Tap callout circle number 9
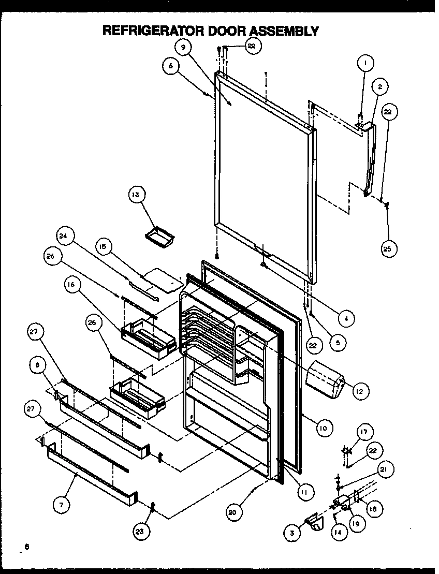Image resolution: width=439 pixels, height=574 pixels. (x=182, y=47)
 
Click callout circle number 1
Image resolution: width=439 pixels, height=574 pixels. (x=365, y=64)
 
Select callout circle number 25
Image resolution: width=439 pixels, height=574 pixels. (x=389, y=248)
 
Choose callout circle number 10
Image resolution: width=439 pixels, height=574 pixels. (x=322, y=428)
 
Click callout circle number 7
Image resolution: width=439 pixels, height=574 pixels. (x=61, y=504)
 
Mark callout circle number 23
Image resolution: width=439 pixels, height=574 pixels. (x=140, y=530)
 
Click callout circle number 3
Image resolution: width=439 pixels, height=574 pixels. (x=292, y=532)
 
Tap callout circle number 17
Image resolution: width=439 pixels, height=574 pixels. (x=364, y=431)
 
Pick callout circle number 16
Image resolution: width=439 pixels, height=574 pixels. (x=72, y=284)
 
